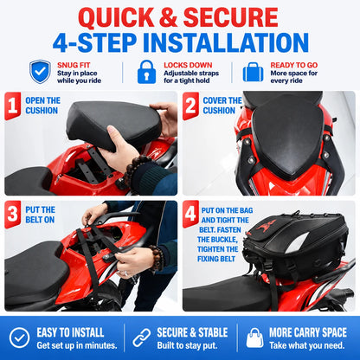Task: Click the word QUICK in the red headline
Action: point(116,17)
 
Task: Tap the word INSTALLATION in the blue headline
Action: point(226,42)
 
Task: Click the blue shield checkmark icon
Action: point(40,72)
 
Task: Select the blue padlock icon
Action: point(146,72)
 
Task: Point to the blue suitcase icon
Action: point(253,72)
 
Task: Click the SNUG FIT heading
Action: point(74,65)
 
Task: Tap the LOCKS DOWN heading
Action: point(188,65)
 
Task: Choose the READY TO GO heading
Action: point(294,65)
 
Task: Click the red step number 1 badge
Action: point(12,106)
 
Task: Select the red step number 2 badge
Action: point(190,106)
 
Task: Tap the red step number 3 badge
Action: point(12,215)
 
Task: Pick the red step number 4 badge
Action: point(190,215)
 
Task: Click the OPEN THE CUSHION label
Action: point(42,106)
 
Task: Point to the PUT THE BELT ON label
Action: point(40,215)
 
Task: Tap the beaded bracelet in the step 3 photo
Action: point(157,257)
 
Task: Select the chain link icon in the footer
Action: point(141,337)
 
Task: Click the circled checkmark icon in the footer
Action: point(19,337)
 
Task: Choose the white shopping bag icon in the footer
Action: point(254,337)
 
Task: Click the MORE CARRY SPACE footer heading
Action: point(308,332)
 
